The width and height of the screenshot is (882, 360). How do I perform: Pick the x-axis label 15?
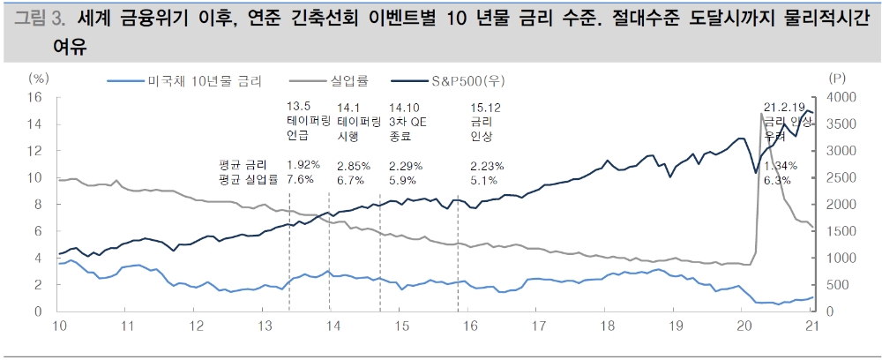pos(401,326)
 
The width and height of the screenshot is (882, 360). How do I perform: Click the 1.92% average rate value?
pos(303,165)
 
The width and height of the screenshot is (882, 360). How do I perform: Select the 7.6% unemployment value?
pos(300,180)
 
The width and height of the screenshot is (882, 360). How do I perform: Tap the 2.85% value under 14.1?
pos(354,165)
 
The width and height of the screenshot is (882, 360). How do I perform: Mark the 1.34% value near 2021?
pos(778,165)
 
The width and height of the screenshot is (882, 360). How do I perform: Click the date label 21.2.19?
pos(784,106)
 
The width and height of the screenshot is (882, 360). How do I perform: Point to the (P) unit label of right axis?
pos(836,79)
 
